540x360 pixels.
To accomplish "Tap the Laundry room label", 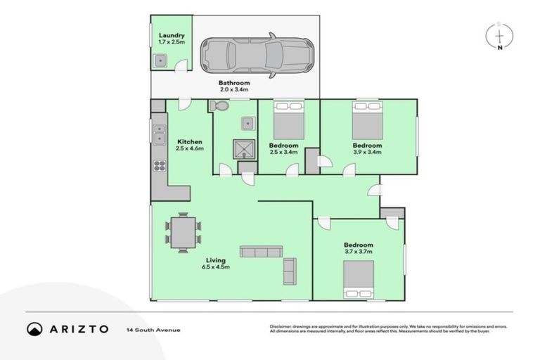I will click(x=172, y=35).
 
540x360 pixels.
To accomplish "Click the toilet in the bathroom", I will click(x=218, y=106).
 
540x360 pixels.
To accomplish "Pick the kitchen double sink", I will click(x=159, y=134).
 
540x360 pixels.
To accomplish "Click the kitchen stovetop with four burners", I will click(x=160, y=167).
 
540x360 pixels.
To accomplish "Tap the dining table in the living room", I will click(x=184, y=232).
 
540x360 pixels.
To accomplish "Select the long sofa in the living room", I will click(x=261, y=252).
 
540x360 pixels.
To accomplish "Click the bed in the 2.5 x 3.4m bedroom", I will click(x=289, y=120).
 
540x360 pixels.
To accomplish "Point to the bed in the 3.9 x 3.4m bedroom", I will click(x=367, y=120).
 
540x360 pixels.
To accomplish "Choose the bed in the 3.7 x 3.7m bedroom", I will click(x=358, y=280).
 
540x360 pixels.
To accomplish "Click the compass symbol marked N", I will click(x=499, y=37).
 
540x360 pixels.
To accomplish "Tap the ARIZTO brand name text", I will click(x=78, y=329).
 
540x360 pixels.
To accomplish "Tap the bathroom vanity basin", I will click(x=247, y=124).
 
